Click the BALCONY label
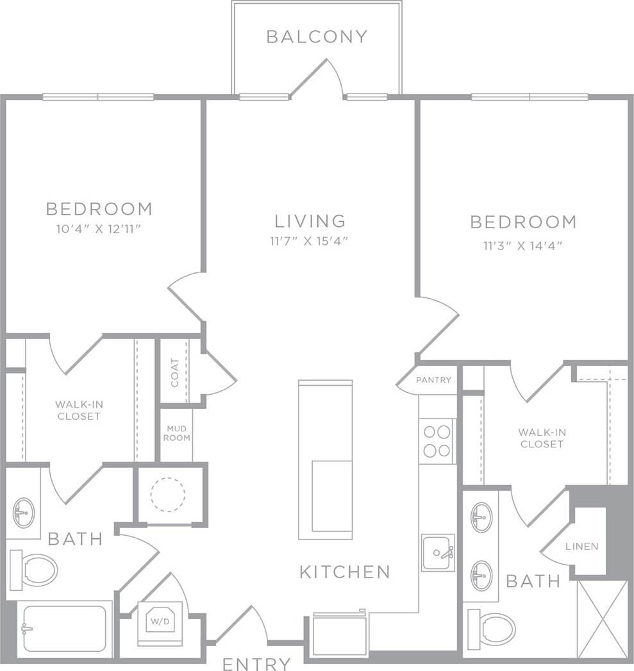(317, 37)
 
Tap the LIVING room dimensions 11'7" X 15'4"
(310, 242)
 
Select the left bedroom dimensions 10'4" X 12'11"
(99, 228)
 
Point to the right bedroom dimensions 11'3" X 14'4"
(522, 245)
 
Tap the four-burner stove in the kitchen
(437, 441)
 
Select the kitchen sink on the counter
(438, 552)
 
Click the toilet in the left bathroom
(35, 569)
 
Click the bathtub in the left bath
(63, 629)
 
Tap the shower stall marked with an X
(603, 618)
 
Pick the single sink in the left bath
(24, 511)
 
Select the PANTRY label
(433, 380)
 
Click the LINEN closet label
(581, 547)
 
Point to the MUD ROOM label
(177, 433)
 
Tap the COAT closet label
(175, 372)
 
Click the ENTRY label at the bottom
(256, 664)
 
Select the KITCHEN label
(344, 572)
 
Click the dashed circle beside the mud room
(167, 494)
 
